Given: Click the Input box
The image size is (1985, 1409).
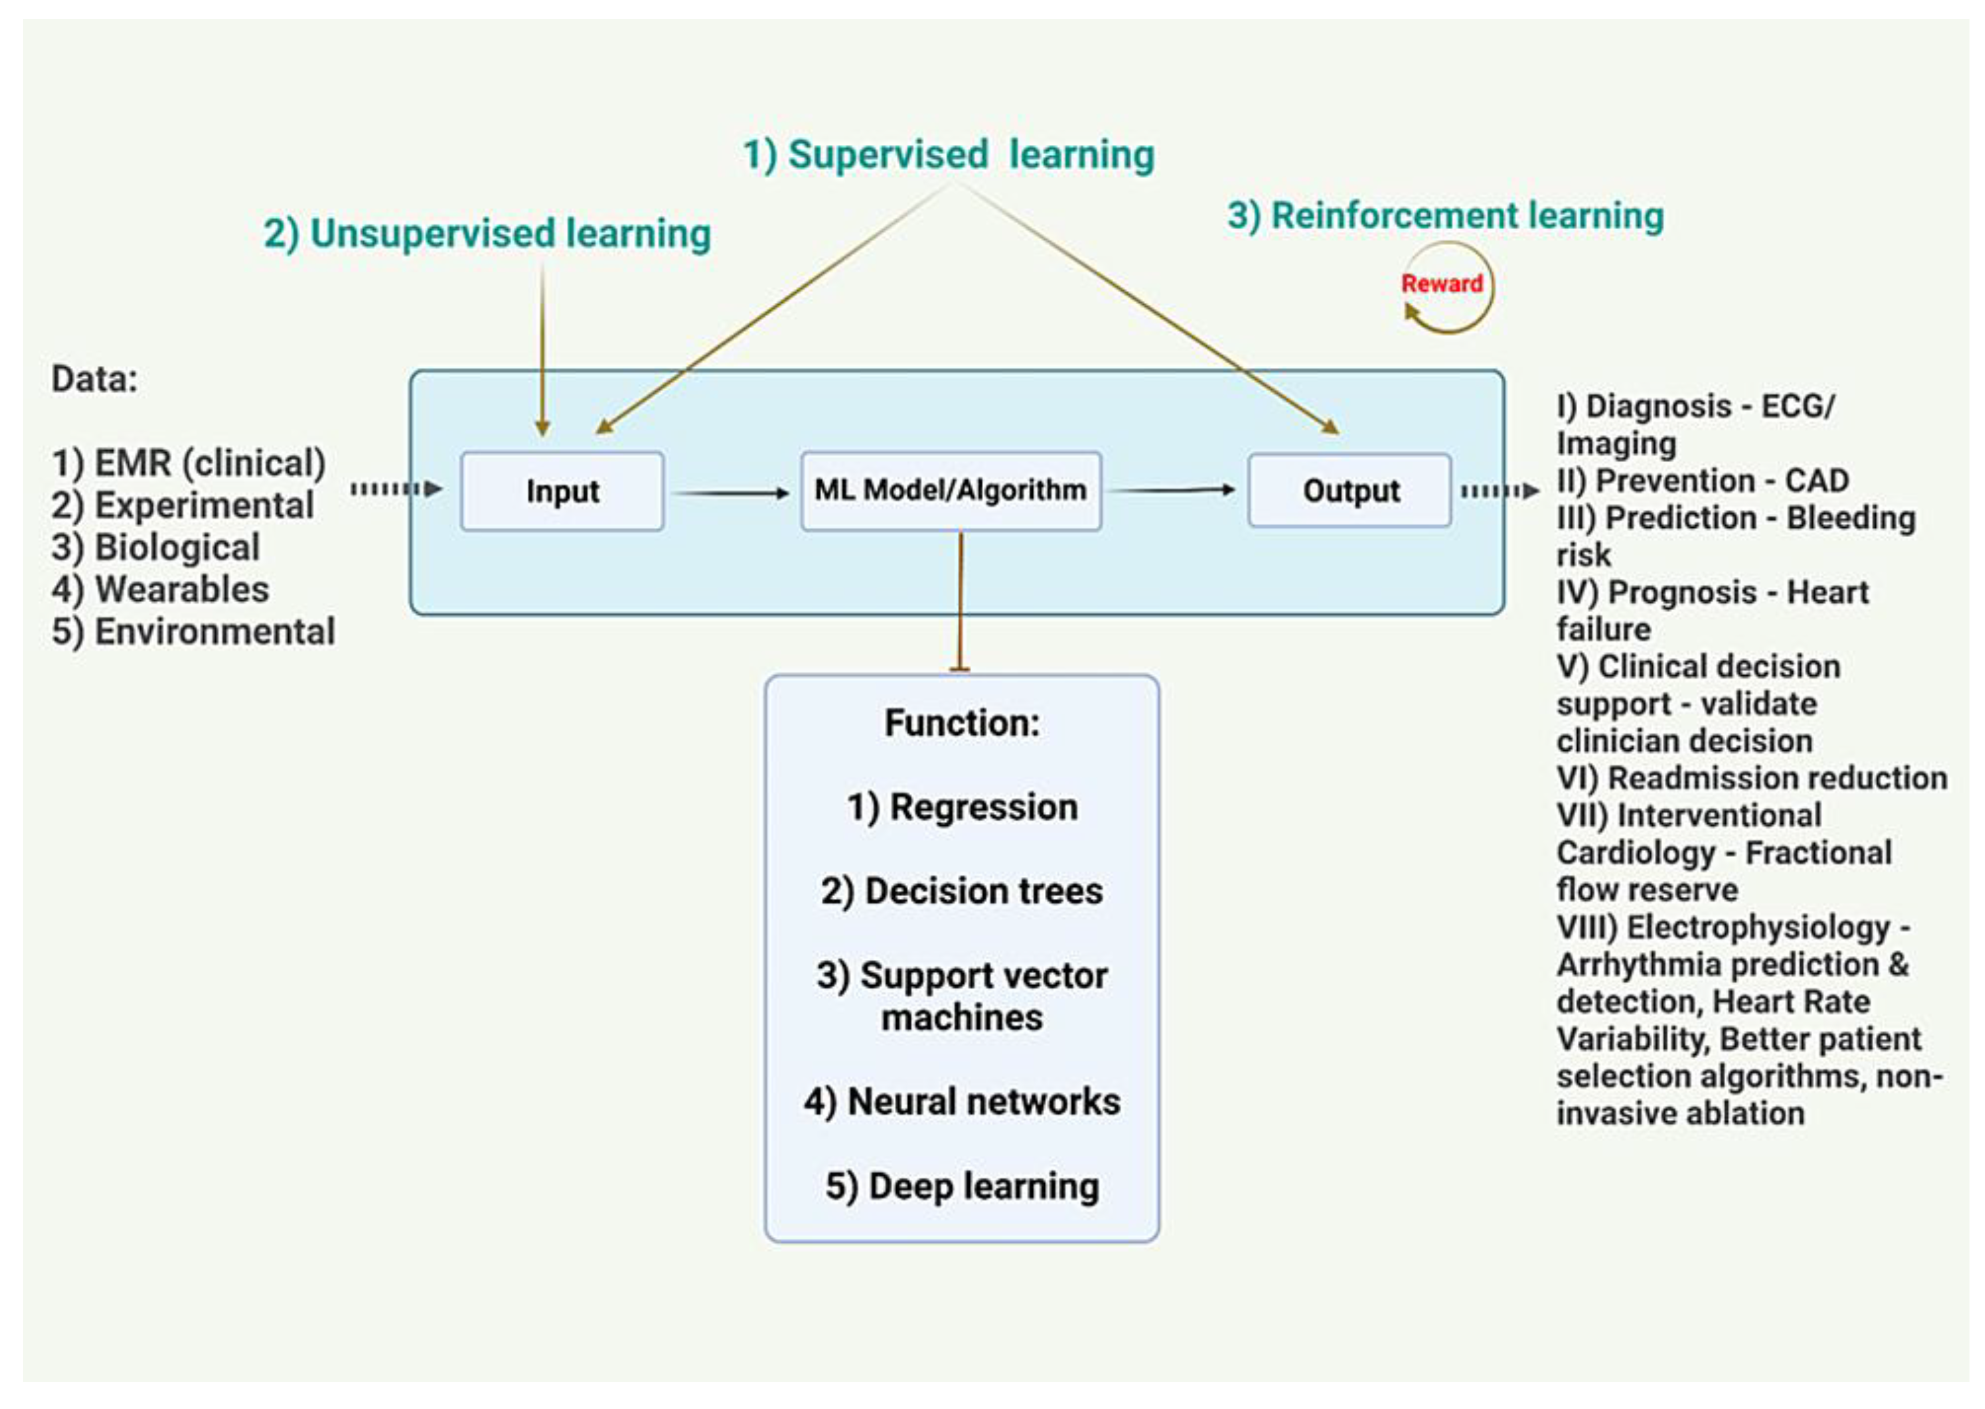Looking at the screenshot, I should click(x=561, y=491).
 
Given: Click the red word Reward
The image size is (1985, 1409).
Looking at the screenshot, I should click(x=1441, y=284).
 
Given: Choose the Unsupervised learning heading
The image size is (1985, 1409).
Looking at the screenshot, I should click(x=487, y=233).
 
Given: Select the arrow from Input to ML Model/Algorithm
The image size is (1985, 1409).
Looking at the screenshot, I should click(x=731, y=493).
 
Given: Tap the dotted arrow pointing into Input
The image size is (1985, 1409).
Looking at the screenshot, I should click(x=396, y=490).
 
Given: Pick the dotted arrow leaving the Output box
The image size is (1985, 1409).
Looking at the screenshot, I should click(x=1499, y=491).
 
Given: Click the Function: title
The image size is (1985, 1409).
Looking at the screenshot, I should click(x=961, y=723).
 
